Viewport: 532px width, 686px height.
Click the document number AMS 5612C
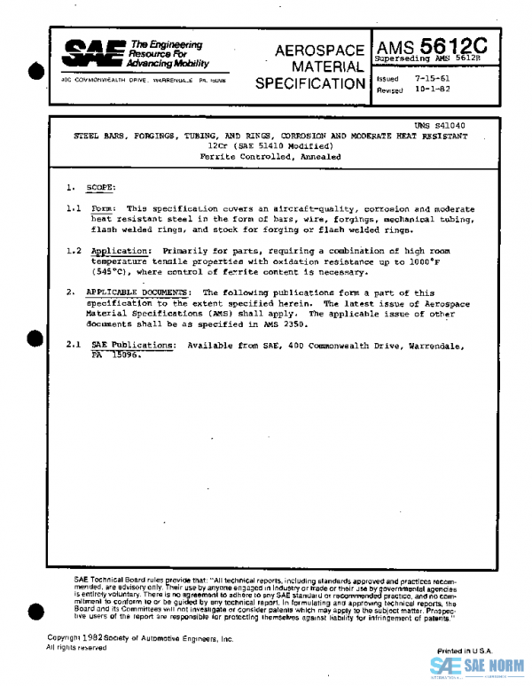pos(437,44)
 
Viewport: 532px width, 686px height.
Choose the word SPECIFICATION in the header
pos(309,84)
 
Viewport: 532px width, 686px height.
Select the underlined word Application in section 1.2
pos(121,252)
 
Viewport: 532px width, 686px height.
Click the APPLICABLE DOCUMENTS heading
pos(137,292)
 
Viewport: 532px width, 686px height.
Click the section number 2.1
pos(73,344)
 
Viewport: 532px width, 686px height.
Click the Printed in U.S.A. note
pos(465,651)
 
